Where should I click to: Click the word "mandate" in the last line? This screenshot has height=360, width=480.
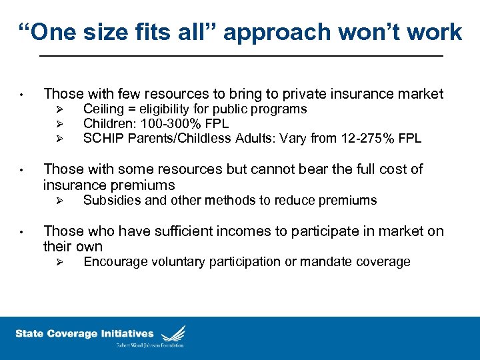click(x=325, y=261)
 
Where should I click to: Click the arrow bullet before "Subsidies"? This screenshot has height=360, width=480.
click(x=59, y=201)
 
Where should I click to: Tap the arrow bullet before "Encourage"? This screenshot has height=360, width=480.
click(x=59, y=262)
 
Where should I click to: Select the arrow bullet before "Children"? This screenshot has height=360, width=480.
click(x=59, y=124)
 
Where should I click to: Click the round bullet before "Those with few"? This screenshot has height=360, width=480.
click(x=22, y=95)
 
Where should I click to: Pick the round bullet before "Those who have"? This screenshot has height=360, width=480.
click(x=22, y=232)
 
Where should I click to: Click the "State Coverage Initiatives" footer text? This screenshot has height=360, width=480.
click(x=84, y=334)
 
